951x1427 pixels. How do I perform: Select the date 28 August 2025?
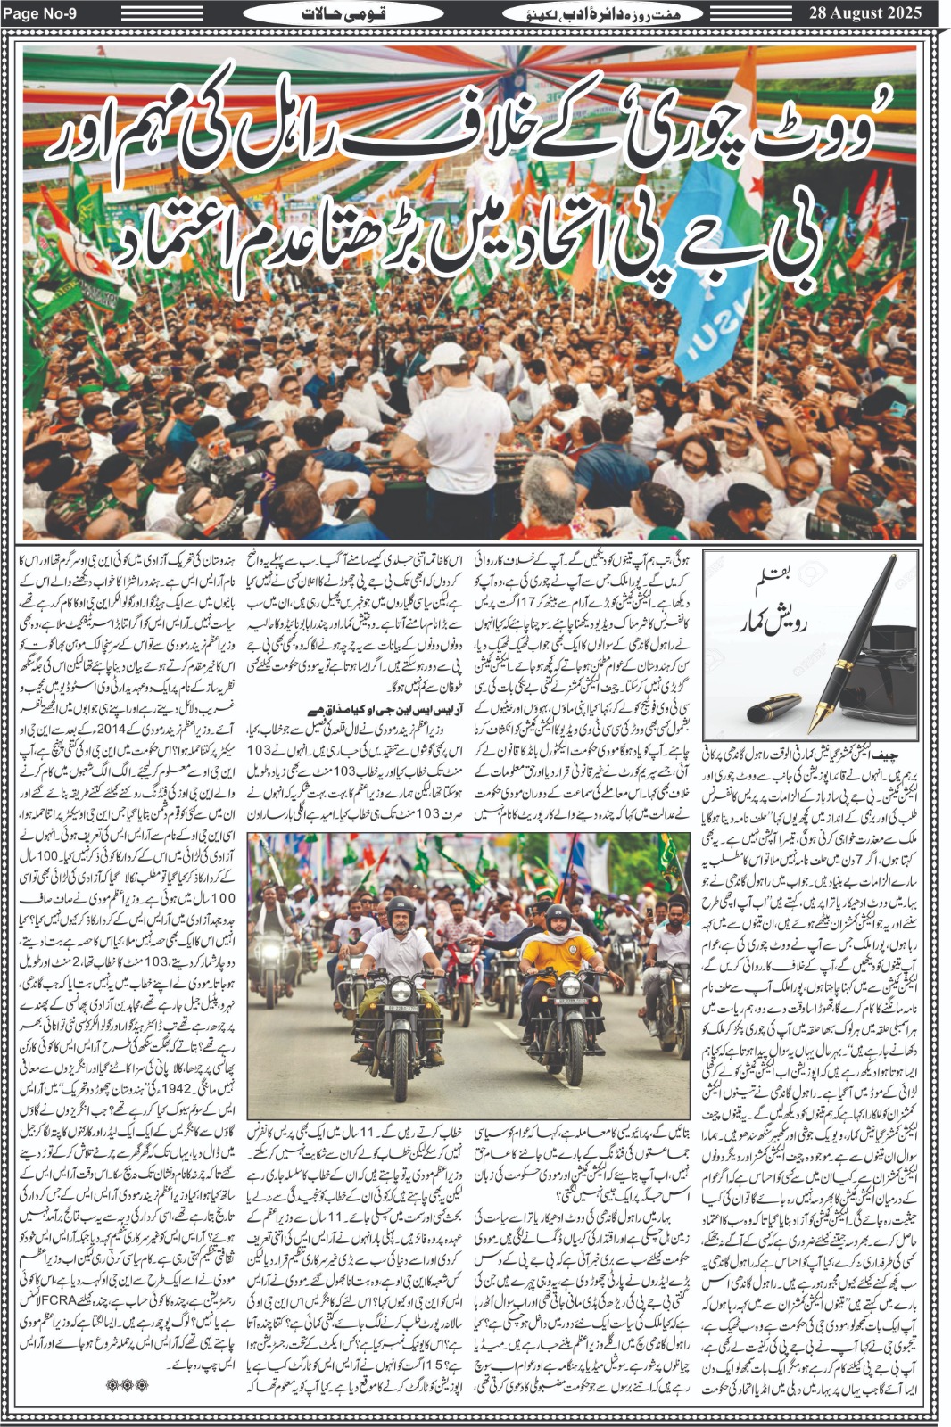[x=878, y=13]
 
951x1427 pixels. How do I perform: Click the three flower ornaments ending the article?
[x=117, y=1384]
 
